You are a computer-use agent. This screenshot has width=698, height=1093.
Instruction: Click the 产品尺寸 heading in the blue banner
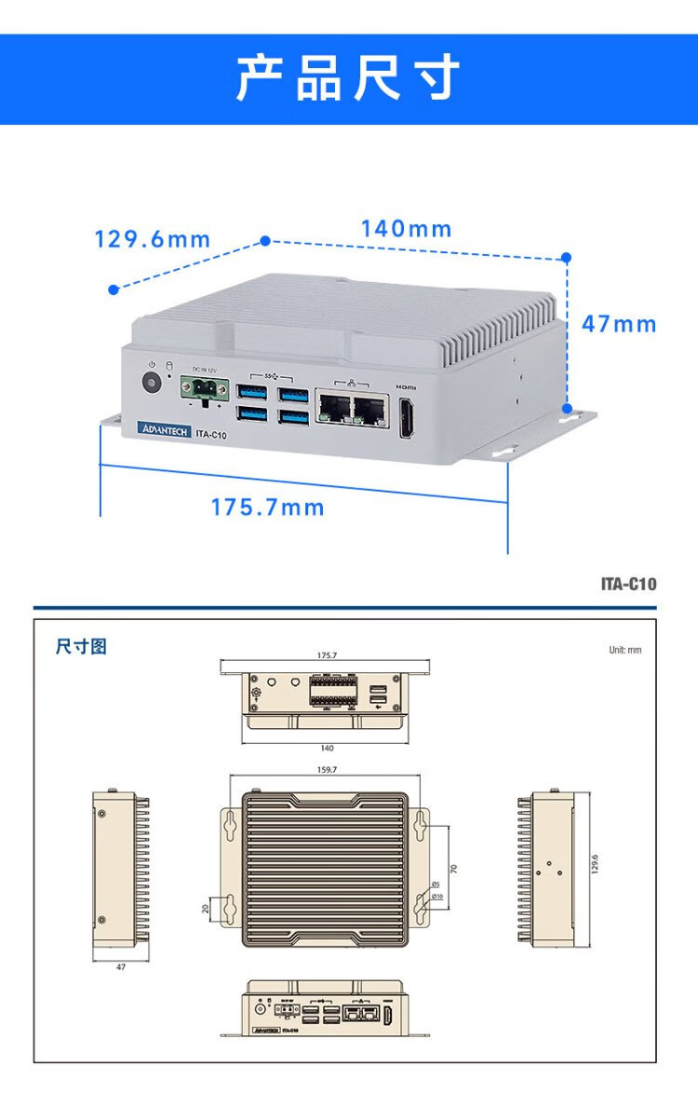(348, 78)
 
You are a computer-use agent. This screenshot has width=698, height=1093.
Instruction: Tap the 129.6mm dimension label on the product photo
(153, 240)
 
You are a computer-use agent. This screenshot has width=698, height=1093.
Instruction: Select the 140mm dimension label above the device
(407, 229)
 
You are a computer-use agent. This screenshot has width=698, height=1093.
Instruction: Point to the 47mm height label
(619, 324)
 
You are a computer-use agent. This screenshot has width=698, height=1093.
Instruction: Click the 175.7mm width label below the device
(268, 507)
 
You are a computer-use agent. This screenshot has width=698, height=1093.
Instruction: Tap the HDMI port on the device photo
(408, 418)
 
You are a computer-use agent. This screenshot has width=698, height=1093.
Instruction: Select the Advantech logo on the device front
(164, 431)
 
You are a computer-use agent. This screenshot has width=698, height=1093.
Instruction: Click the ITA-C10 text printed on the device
(212, 433)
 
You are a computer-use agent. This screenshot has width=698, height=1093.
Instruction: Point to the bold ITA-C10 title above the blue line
(628, 585)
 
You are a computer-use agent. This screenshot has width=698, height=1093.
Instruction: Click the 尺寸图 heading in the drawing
(81, 646)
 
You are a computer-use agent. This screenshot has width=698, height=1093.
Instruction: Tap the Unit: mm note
(625, 650)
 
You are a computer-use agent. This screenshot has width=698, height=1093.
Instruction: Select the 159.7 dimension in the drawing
(327, 770)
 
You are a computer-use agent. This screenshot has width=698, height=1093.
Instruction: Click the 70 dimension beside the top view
(453, 867)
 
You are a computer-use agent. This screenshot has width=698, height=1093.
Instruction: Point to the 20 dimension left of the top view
(206, 909)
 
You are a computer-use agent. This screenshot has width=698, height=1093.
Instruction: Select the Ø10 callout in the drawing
(436, 897)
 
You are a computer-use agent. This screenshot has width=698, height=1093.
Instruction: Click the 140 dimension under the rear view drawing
(327, 748)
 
